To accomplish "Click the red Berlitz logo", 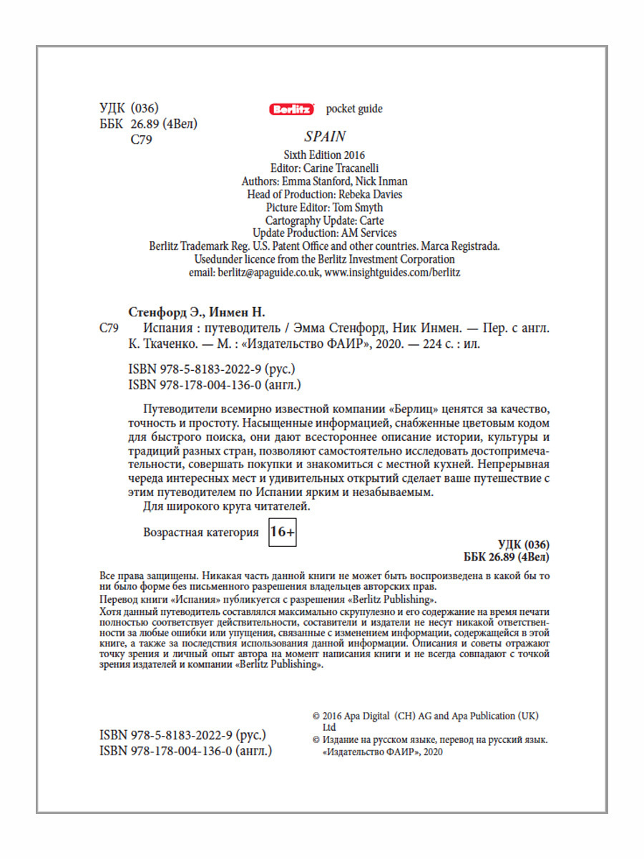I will [x=292, y=110].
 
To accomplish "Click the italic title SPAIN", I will [x=325, y=136].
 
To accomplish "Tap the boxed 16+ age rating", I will [x=282, y=533].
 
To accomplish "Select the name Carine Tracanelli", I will [x=351, y=168].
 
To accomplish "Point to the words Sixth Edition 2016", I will [x=325, y=155].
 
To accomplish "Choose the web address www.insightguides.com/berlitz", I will [x=392, y=273].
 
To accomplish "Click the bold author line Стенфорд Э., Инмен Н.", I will [x=197, y=312].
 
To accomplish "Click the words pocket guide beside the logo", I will [x=354, y=109].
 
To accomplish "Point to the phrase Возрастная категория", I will [x=201, y=533].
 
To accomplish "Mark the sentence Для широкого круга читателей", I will [x=228, y=508].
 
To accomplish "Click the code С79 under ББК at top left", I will [x=142, y=140].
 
